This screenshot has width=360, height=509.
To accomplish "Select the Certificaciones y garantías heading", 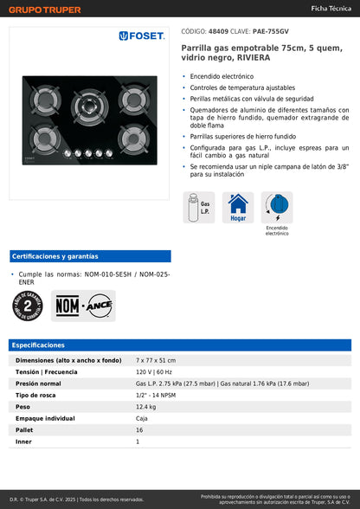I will coord(55,256).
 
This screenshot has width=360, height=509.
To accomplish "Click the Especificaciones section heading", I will coord(39,345).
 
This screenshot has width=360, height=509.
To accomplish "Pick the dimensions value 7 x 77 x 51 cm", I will coord(155,359).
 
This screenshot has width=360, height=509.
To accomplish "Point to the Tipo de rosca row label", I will coord(35,395).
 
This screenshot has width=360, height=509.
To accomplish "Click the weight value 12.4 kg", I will coord(145,406).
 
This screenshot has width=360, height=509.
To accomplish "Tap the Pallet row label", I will coord(24,429).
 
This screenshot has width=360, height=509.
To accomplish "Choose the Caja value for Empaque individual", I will coord(142,418).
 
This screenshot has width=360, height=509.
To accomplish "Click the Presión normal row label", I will coord(38,383).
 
